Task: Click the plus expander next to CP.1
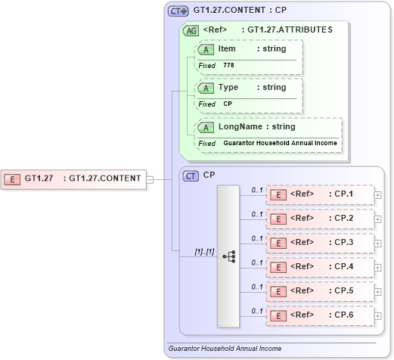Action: (x=377, y=195)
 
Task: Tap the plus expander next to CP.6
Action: (x=377, y=315)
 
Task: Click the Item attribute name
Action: (x=227, y=49)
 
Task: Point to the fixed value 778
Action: (x=228, y=66)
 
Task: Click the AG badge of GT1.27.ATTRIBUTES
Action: (x=191, y=30)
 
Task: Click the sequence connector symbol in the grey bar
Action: (x=228, y=256)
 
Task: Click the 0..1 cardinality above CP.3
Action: (x=256, y=238)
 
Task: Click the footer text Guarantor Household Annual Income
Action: (x=225, y=349)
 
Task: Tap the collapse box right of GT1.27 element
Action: (x=149, y=179)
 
